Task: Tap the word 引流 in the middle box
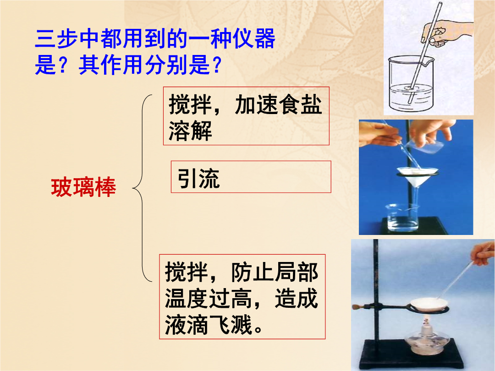198,178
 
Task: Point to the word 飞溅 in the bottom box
231,325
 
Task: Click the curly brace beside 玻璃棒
143,188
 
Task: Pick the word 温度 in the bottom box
187,298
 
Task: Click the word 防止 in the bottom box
253,272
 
